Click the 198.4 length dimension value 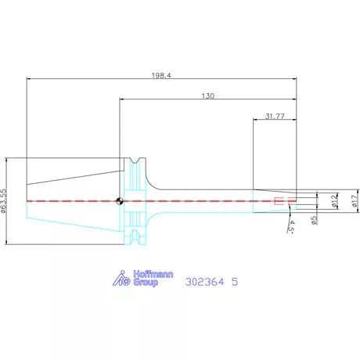[161, 76]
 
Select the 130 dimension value [208, 96]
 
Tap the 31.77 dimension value [275, 116]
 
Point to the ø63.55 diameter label [3, 201]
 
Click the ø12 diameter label [334, 201]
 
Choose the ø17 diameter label [355, 201]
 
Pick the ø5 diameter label [314, 220]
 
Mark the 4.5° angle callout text [291, 226]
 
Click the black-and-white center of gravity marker [120, 201]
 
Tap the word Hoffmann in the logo [153, 274]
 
